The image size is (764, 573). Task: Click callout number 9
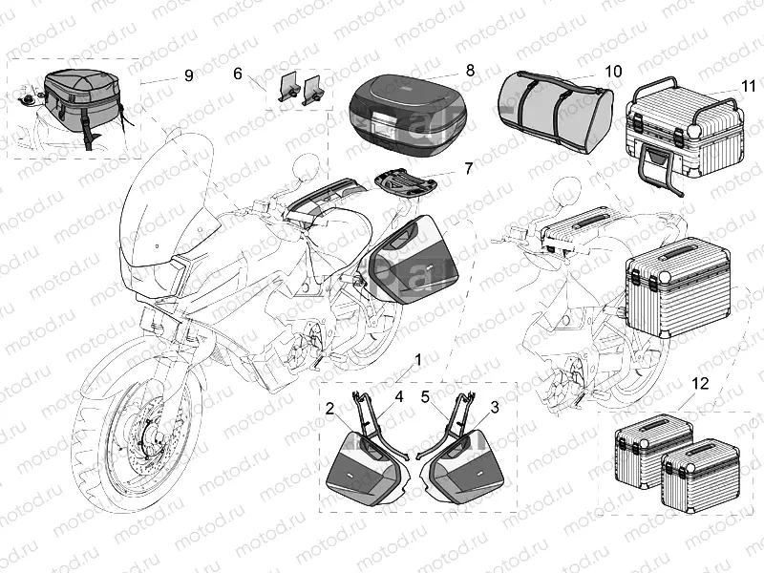click(x=187, y=75)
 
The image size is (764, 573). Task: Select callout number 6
click(x=238, y=74)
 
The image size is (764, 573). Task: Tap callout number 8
click(x=470, y=70)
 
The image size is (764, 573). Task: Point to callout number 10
click(x=612, y=72)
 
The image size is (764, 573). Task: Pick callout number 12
click(x=701, y=385)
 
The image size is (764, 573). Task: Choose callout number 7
click(x=468, y=169)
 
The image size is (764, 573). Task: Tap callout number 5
click(x=426, y=395)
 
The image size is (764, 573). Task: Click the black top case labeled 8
click(x=410, y=112)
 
